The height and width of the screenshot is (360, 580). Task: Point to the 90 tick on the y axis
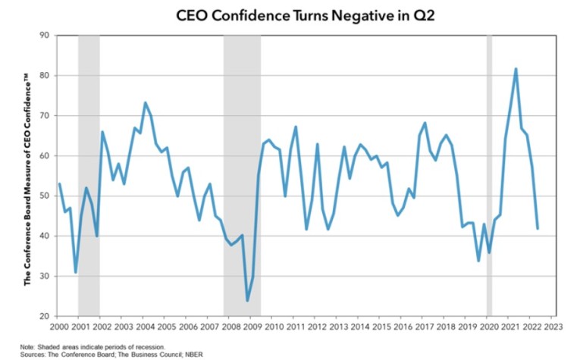point(45,35)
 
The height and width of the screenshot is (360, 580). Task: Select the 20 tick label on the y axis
point(45,316)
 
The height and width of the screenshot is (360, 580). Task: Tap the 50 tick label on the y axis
point(45,196)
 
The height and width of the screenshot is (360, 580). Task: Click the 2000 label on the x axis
point(59,328)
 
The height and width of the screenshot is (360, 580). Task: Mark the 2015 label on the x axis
point(384,328)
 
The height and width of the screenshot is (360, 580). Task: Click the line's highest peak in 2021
point(516,69)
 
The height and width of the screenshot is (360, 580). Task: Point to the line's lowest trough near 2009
point(247,301)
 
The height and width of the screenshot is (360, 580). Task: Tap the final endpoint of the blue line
point(538,228)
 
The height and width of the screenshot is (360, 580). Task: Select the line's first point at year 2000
point(59,183)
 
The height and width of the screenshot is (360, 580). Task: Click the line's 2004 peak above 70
point(145,102)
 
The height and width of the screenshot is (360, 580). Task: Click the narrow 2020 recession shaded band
point(489,174)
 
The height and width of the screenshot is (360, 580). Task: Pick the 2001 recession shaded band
point(89,174)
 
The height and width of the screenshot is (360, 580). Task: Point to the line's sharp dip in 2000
point(75,272)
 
